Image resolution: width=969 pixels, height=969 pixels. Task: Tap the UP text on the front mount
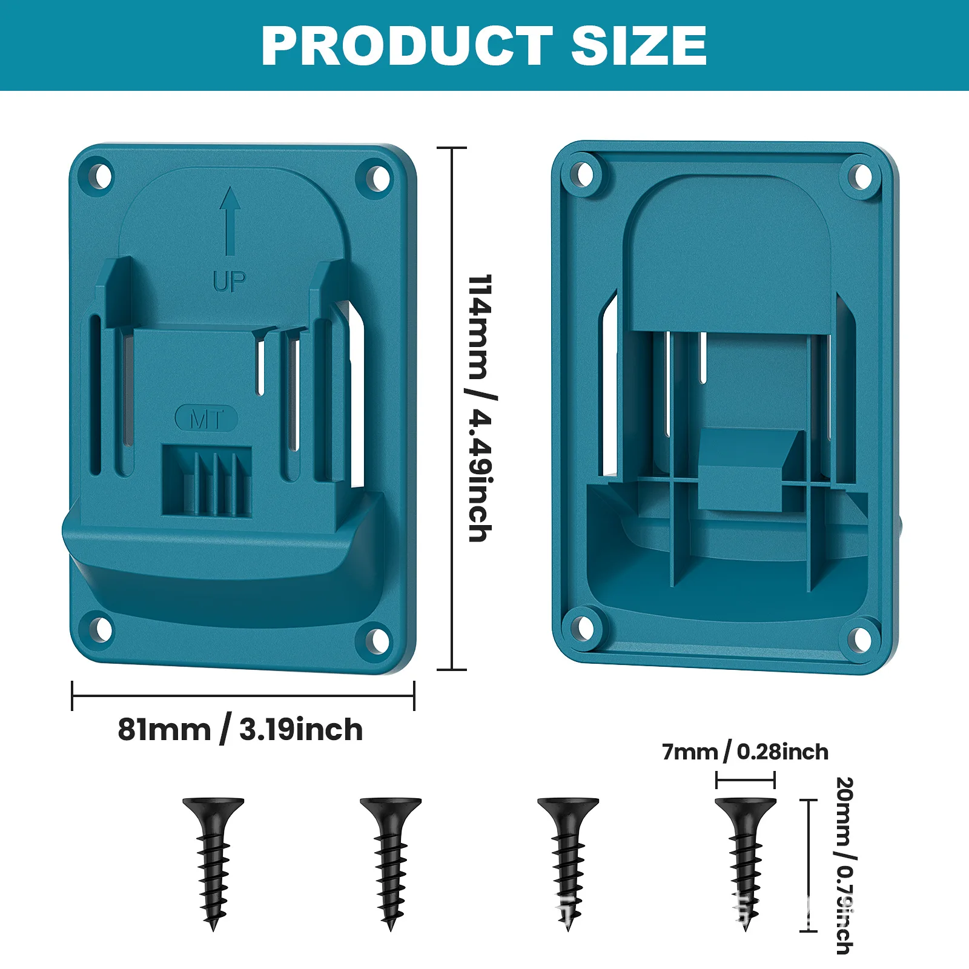pos(230,281)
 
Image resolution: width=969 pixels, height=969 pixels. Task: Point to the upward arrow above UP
pos(230,220)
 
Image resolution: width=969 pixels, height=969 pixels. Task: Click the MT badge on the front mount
pos(206,418)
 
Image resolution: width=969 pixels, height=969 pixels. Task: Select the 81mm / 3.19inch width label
pos(240,729)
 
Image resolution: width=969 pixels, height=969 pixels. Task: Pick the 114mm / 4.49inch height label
pos(481,408)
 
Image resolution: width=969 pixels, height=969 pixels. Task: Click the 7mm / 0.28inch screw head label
pos(745,752)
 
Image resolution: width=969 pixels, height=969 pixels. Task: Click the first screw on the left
pos(213,860)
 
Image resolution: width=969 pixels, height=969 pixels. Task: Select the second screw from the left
pos(391,860)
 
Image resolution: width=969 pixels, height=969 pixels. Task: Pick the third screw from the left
pos(568,860)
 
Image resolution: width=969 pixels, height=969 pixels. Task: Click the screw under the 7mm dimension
pos(746,860)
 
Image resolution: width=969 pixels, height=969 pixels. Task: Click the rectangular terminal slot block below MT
pos(207,481)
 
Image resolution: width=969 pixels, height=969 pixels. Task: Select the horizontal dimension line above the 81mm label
pos(243,696)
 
